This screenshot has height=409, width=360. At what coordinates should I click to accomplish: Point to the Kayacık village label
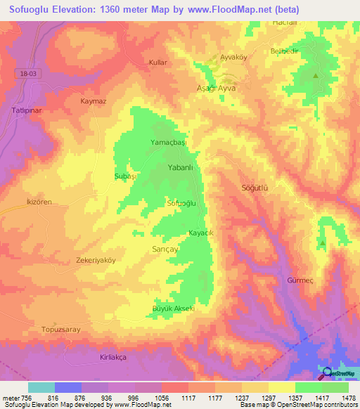point(200,233)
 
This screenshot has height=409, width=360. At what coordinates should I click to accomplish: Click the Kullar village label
point(157,63)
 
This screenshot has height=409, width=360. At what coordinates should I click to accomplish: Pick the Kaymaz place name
point(93,101)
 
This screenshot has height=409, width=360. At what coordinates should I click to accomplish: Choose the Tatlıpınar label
point(18,110)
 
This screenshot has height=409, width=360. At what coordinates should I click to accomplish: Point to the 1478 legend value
point(347,398)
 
